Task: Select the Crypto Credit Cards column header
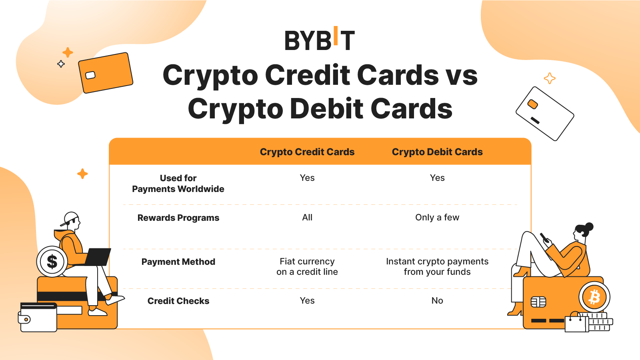point(307,152)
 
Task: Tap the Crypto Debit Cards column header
point(437,152)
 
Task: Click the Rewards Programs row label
point(178,218)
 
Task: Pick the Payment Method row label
point(178,262)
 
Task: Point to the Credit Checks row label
point(178,301)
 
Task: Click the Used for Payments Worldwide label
point(178,184)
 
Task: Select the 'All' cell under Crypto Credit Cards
point(307,218)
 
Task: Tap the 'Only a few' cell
point(437,218)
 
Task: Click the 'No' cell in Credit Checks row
point(437,300)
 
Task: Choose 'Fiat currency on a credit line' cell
point(307,266)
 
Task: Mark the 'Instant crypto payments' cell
point(437,266)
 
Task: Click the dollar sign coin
point(52,262)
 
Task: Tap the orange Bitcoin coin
point(594,297)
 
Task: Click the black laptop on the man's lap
point(97,257)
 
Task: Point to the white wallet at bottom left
point(38,317)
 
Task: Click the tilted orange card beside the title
point(106,72)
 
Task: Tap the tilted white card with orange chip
point(545,114)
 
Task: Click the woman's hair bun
point(589,227)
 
